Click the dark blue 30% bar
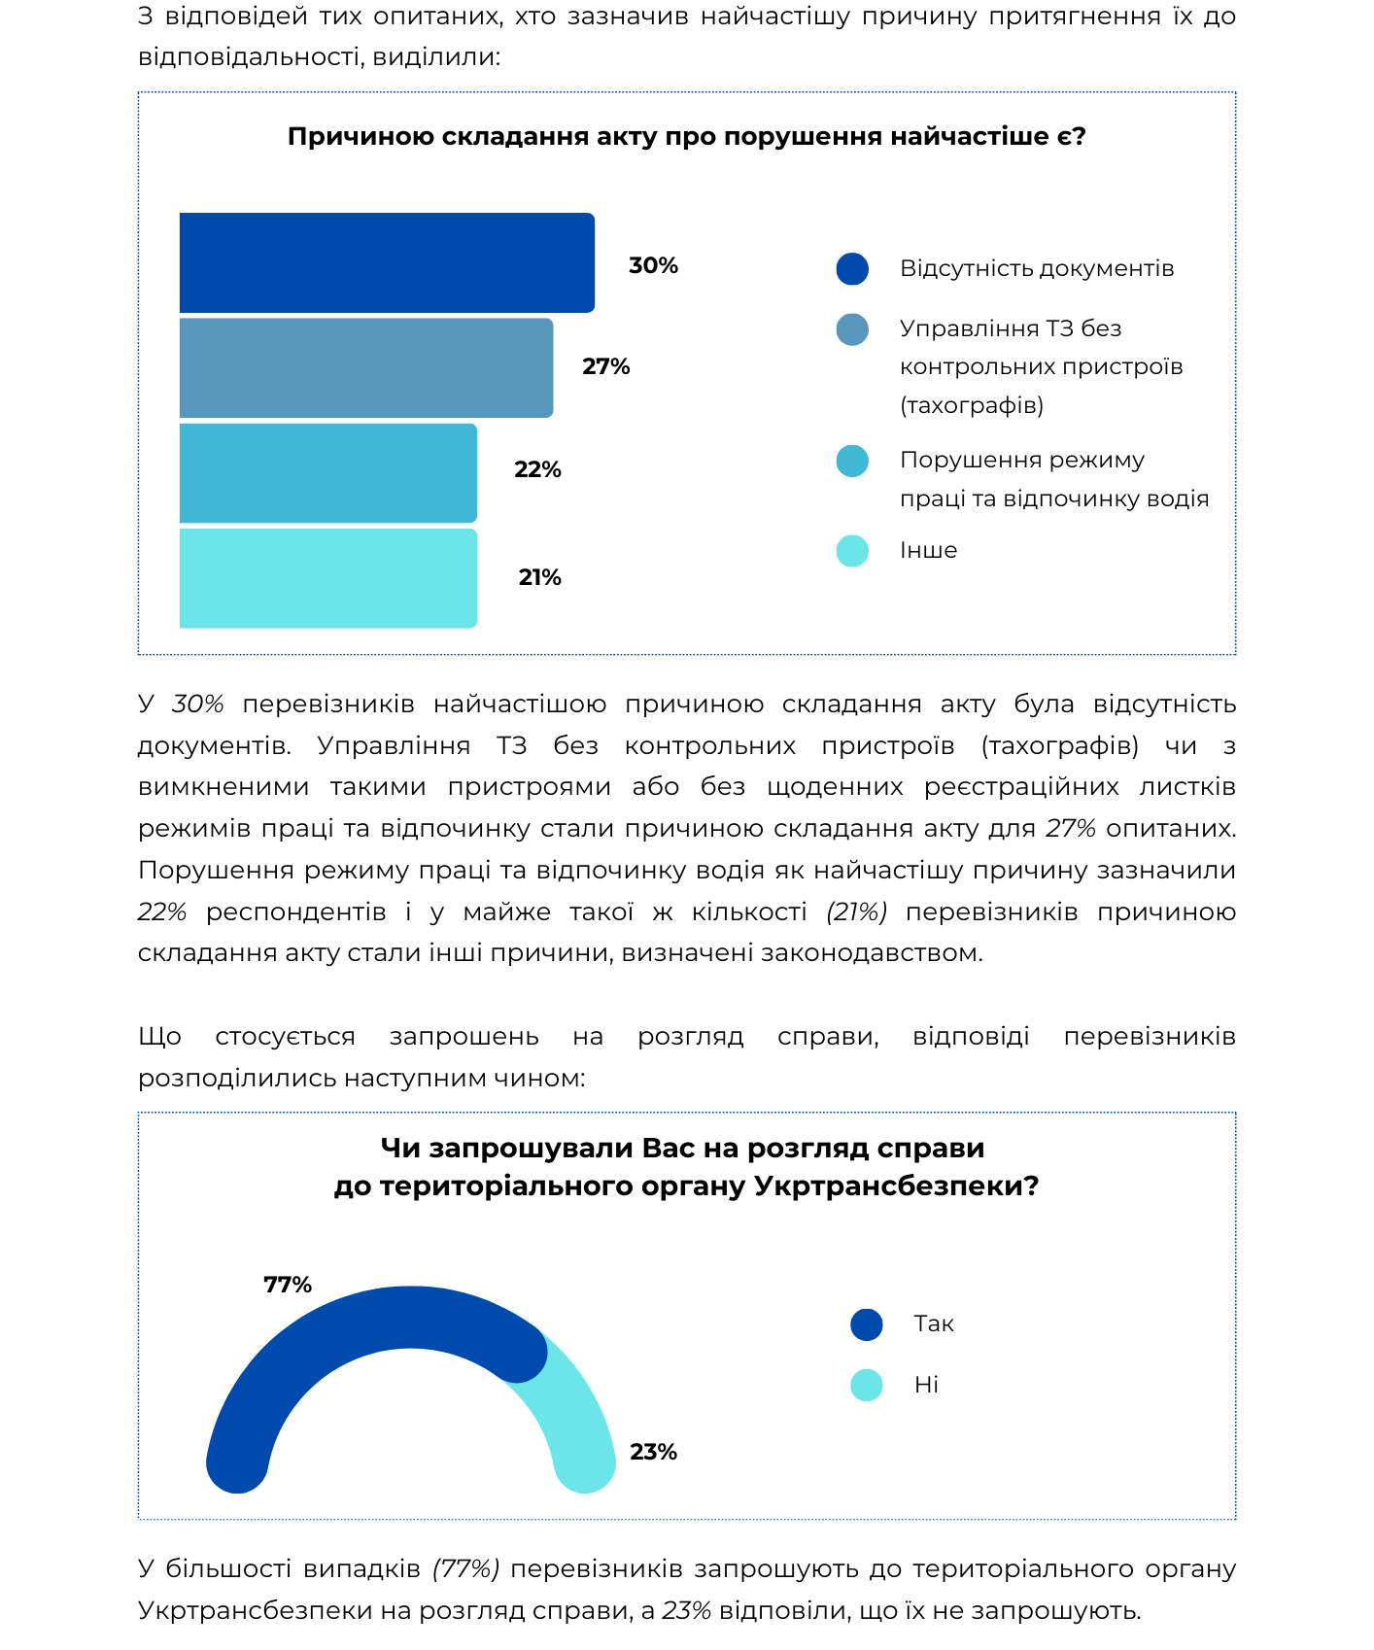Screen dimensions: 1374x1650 pyautogui.click(x=387, y=262)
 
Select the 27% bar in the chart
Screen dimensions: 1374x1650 pyautogui.click(x=366, y=368)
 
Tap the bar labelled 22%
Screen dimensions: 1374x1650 pyautogui.click(x=328, y=473)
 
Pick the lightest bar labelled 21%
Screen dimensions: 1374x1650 pyautogui.click(x=328, y=578)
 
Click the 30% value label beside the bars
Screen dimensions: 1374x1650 pyautogui.click(x=653, y=266)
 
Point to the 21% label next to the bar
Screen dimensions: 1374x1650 pyautogui.click(x=540, y=578)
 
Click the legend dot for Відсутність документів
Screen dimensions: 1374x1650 pyautogui.click(x=852, y=269)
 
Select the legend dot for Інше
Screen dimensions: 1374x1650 pyautogui.click(x=852, y=551)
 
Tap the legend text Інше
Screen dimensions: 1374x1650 pyautogui.click(x=929, y=551)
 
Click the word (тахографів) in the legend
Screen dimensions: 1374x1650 pyautogui.click(x=972, y=405)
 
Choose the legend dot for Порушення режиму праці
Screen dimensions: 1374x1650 pyautogui.click(x=852, y=462)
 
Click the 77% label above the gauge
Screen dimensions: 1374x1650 pyautogui.click(x=288, y=1285)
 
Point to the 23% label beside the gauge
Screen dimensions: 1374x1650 pyautogui.click(x=653, y=1452)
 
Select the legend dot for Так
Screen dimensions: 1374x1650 pyautogui.click(x=867, y=1324)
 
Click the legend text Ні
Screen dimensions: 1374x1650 pyautogui.click(x=927, y=1385)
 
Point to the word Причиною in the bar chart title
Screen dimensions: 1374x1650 pyautogui.click(x=361, y=137)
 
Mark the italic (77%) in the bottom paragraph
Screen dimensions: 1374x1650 pyautogui.click(x=466, y=1569)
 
